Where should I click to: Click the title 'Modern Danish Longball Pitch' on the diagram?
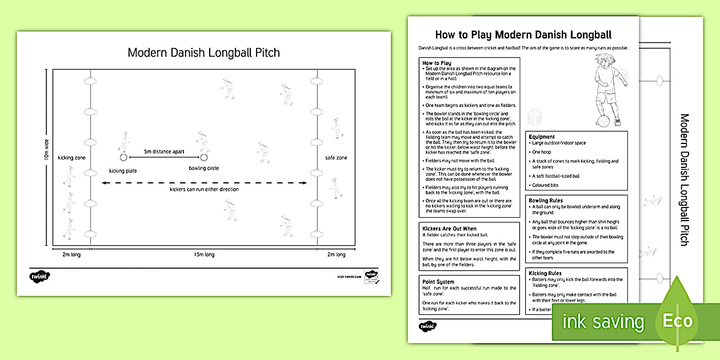click(203, 53)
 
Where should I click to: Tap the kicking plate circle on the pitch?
click(122, 157)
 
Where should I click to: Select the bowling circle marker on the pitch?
click(203, 157)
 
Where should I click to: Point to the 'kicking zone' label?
click(71, 157)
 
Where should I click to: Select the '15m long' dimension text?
click(204, 254)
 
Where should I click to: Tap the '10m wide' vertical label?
click(47, 149)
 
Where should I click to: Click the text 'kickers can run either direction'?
click(204, 189)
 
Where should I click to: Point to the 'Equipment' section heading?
click(542, 137)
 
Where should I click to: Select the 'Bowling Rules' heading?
click(546, 201)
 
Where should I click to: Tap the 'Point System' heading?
click(438, 282)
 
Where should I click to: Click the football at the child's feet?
click(603, 121)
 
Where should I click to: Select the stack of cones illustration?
click(535, 117)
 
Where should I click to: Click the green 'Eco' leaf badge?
click(677, 320)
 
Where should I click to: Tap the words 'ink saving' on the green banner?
click(602, 322)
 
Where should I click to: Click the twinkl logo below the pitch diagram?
click(39, 277)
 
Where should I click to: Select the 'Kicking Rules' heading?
click(545, 273)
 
